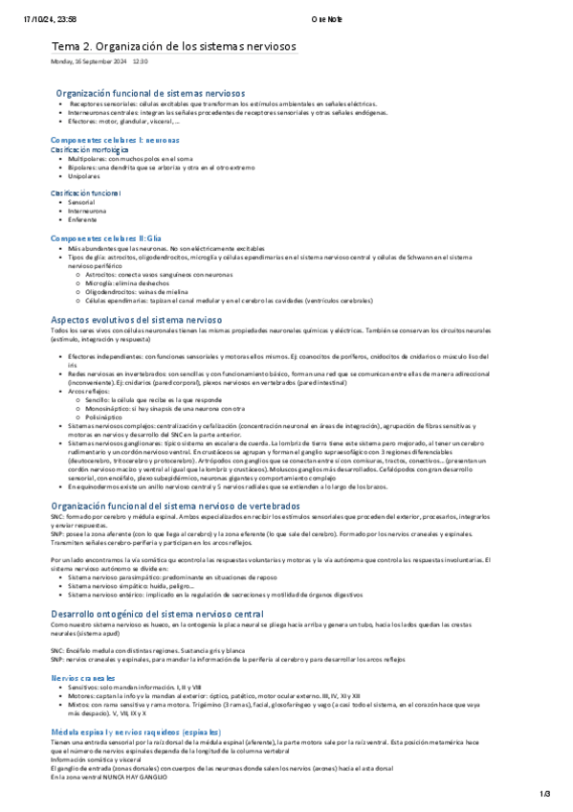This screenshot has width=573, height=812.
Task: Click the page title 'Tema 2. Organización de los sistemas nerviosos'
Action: (173, 46)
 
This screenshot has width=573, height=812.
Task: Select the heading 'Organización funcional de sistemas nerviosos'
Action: (150, 93)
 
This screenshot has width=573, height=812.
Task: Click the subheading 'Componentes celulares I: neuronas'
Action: (114, 140)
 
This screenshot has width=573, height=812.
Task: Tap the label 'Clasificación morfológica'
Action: (90, 149)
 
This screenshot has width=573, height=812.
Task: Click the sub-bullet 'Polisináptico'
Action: (106, 391)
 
